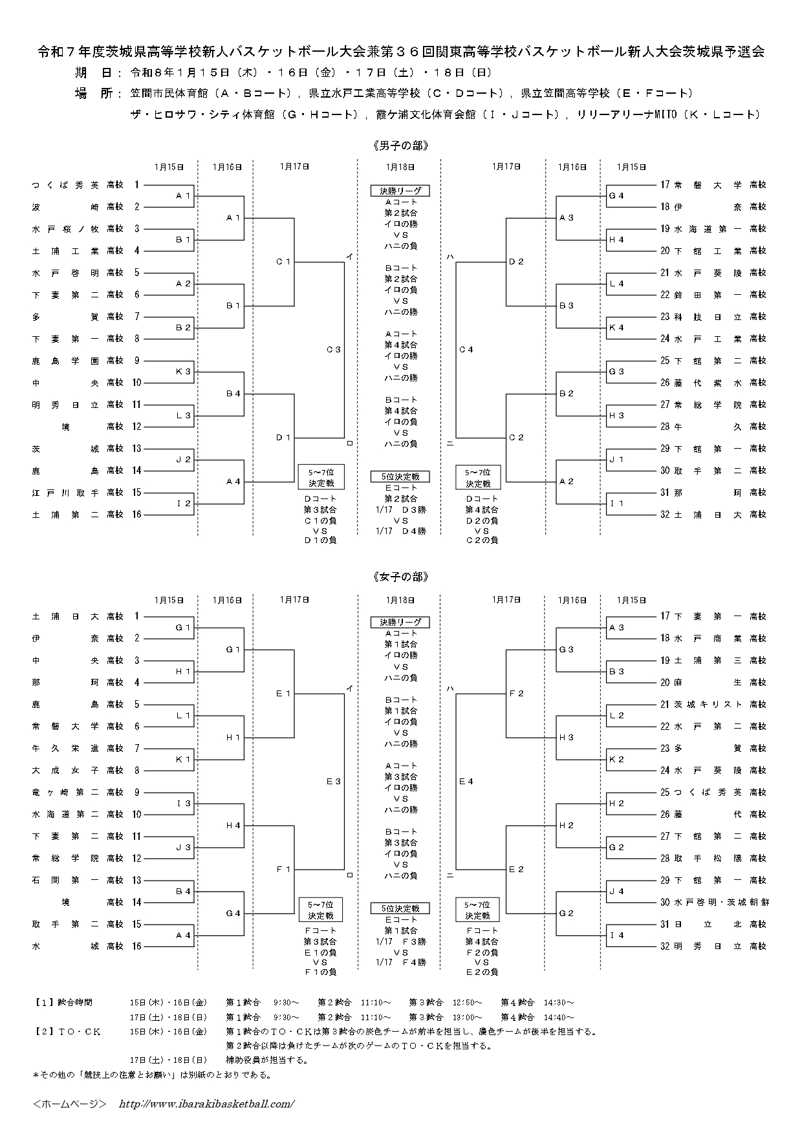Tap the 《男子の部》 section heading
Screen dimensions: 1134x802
[x=400, y=145]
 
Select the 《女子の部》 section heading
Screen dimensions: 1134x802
[x=400, y=577]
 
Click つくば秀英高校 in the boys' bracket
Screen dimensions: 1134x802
[x=78, y=186]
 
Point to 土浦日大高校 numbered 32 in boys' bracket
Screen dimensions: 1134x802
[x=719, y=515]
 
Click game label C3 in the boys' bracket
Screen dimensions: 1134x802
[x=333, y=350]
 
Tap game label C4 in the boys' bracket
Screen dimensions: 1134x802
[x=466, y=350]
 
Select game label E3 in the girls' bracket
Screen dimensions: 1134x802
[x=333, y=782]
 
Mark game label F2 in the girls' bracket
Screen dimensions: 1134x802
[x=516, y=694]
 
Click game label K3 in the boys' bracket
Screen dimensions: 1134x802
[x=184, y=372]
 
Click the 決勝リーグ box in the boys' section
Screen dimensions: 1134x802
[x=400, y=191]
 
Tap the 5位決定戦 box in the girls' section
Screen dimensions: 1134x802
[x=400, y=908]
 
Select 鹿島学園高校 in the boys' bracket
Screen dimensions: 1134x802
[x=78, y=361]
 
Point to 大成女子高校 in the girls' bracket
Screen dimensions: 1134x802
[x=78, y=771]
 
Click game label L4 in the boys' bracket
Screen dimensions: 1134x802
[x=616, y=284]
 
